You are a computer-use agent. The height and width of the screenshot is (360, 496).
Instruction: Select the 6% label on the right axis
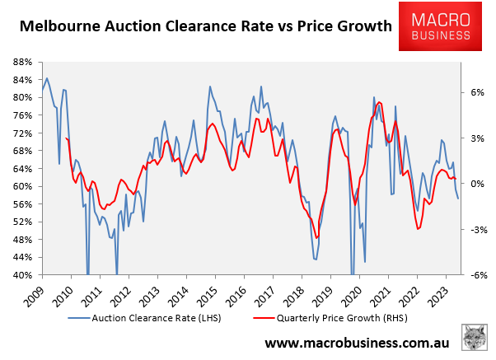pyautogui.click(x=480, y=92)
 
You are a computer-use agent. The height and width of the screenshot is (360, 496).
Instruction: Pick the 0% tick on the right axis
pyautogui.click(x=480, y=184)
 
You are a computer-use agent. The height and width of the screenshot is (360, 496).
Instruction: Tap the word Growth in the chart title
pyautogui.click(x=361, y=26)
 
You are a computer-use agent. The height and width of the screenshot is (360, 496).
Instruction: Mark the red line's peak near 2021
pyautogui.click(x=378, y=102)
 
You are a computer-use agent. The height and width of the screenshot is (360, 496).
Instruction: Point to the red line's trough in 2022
pyautogui.click(x=418, y=229)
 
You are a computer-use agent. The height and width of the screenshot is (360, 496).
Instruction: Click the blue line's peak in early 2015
pyautogui.click(x=209, y=86)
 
